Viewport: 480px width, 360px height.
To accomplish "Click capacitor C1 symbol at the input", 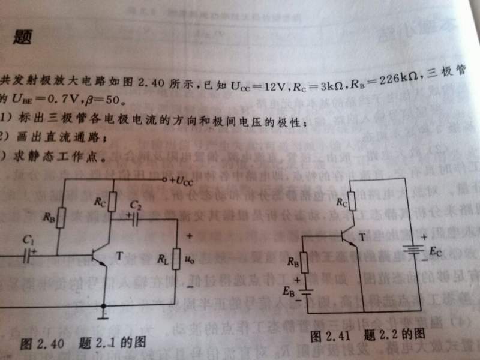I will pyautogui.click(x=27, y=256).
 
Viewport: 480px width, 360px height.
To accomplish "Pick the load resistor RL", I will pyautogui.click(x=176, y=259).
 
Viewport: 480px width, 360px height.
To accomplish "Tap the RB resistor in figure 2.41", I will pyautogui.click(x=304, y=262).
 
